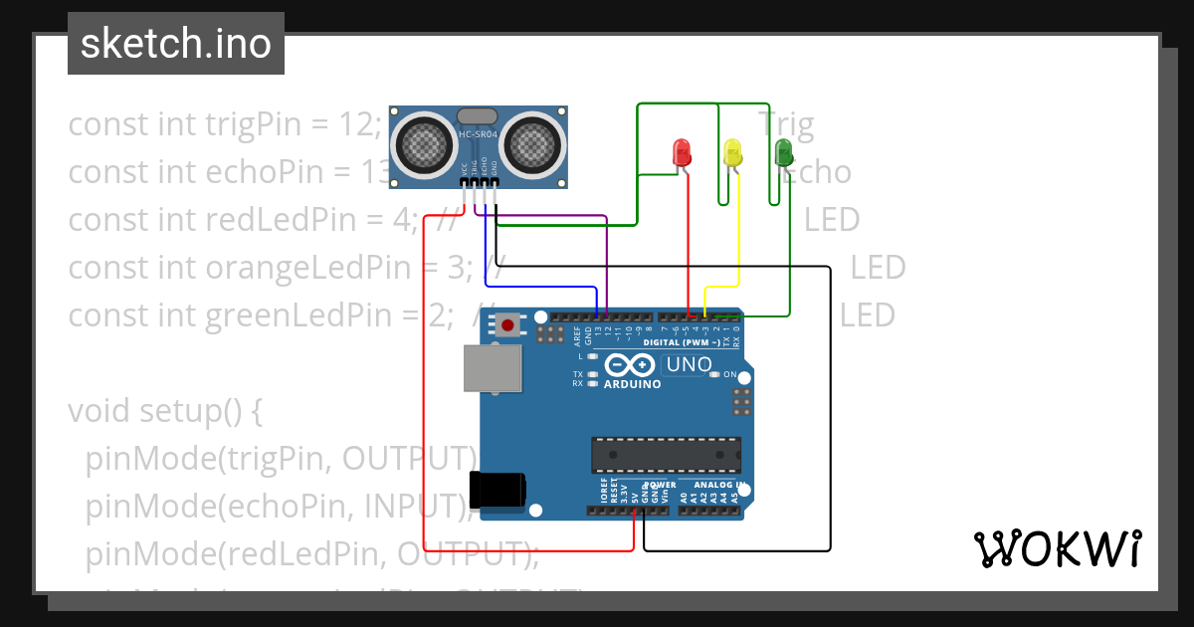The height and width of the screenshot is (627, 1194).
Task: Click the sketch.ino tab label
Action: (176, 44)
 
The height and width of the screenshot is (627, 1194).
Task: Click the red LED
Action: (683, 152)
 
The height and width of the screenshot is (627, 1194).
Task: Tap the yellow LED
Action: (733, 152)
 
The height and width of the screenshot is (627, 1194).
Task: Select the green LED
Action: (784, 151)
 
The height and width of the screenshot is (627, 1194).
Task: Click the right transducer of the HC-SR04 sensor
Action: (533, 145)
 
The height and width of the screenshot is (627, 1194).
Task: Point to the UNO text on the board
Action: (689, 364)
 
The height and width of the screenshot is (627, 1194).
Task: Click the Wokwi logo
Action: (1057, 548)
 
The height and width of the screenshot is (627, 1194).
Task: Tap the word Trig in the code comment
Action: (786, 125)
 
